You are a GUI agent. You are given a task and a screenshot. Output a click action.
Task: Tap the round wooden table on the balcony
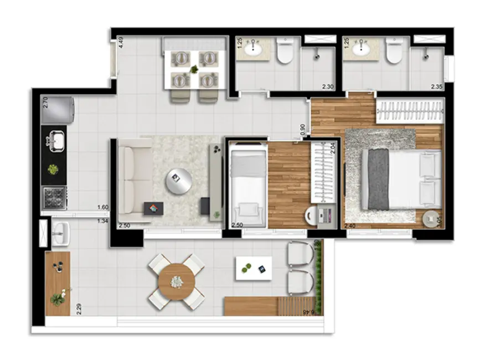click(177, 282)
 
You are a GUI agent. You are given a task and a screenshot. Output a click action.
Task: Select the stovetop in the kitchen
click(55, 197)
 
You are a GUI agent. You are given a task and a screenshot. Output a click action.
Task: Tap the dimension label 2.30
click(327, 86)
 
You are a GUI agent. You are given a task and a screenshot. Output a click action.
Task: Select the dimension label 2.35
click(437, 86)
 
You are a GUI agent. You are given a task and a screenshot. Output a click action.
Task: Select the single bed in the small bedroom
click(247, 183)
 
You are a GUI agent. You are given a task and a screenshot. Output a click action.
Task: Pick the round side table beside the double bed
click(430, 219)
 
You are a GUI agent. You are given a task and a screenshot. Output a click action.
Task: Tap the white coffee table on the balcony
click(254, 268)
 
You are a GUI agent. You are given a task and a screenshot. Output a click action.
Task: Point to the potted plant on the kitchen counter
click(54, 169)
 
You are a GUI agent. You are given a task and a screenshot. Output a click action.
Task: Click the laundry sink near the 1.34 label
click(60, 233)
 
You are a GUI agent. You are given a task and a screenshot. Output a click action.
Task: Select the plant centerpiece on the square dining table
click(194, 69)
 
